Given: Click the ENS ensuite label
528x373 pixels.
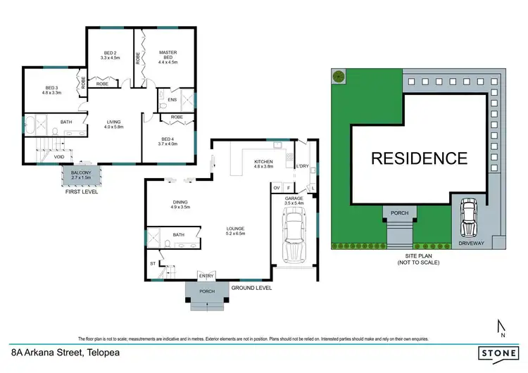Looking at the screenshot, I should (172, 100).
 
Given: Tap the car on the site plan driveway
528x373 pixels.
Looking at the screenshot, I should (468, 218).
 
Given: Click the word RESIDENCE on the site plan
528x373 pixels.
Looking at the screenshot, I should (419, 158).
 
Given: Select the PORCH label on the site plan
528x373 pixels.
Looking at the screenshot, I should (399, 212).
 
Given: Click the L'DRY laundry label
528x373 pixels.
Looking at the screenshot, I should (303, 165).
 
